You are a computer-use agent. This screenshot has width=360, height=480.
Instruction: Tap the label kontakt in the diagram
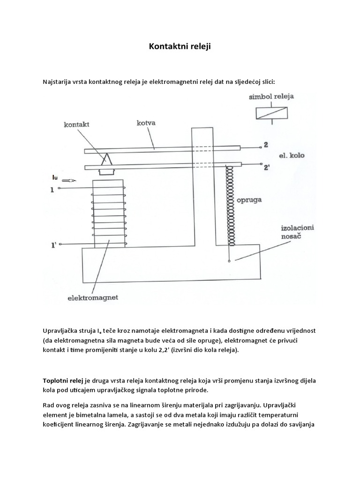click(77, 125)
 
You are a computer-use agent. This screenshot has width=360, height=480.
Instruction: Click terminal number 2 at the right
click(265, 145)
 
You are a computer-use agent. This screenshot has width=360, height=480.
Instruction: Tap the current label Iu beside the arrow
click(55, 177)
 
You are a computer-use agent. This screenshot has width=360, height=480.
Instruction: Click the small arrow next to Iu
click(69, 180)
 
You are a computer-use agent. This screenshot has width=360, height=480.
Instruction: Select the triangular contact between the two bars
click(107, 160)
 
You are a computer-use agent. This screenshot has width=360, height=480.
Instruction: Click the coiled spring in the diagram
click(229, 205)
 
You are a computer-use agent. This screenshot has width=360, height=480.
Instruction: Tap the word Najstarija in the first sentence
click(57, 82)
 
